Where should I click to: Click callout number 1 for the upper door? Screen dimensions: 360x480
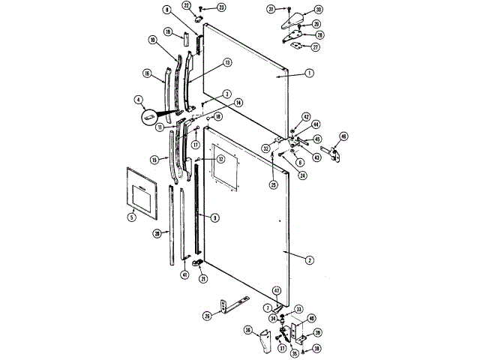(308, 73)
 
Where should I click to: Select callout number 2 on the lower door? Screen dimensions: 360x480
(309, 259)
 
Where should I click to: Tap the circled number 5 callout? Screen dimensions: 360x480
(131, 217)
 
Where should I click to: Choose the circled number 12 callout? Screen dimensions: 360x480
(221, 159)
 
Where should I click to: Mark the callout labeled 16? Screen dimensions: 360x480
(148, 73)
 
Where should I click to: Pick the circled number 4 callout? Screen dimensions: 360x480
(139, 99)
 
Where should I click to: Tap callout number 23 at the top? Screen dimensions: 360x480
(220, 7)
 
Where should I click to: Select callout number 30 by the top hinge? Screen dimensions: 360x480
(318, 10)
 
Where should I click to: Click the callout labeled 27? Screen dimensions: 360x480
(316, 46)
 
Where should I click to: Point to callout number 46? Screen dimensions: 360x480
(343, 136)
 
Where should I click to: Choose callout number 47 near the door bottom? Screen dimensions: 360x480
(276, 290)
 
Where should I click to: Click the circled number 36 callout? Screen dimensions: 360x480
(248, 329)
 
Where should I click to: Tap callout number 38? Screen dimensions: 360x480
(316, 349)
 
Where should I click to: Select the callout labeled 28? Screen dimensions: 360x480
(157, 233)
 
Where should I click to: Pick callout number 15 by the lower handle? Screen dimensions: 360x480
(154, 159)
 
